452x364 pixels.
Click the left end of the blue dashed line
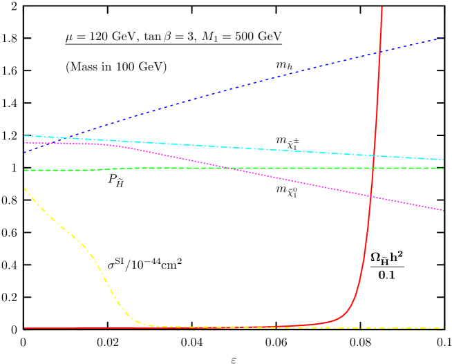[24, 152]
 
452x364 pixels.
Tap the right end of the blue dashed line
[443, 37]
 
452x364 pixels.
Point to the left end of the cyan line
[24, 135]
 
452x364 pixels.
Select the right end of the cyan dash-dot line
[443, 160]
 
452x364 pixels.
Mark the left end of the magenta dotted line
[24, 143]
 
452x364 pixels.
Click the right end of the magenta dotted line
[443, 210]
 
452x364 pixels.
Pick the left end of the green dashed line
[24, 170]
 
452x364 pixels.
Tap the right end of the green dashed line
[443, 168]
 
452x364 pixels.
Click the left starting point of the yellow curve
[24, 188]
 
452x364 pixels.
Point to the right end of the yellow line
[443, 327]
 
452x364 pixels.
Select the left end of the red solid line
[24, 327]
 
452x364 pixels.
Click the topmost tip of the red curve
[382, 7]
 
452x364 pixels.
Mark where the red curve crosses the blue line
[378, 52]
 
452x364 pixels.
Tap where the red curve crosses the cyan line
[373, 155]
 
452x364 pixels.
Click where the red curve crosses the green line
[373, 168]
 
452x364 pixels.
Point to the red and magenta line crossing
[371, 197]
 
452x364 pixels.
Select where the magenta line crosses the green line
[228, 168]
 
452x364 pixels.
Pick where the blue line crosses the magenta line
[44, 142]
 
